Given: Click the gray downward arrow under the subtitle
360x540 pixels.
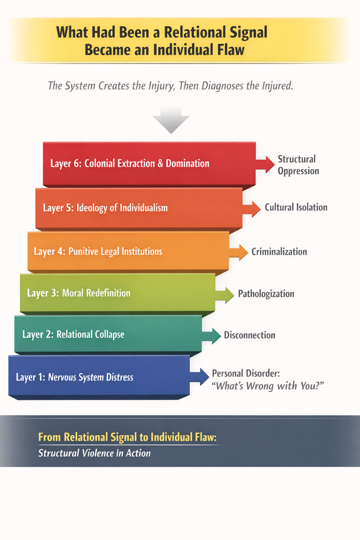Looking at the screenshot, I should (x=171, y=120).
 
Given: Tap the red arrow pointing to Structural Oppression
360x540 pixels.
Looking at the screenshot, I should (x=266, y=164).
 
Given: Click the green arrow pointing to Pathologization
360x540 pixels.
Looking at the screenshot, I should (x=225, y=294).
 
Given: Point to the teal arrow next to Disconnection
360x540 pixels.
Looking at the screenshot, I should (x=212, y=335).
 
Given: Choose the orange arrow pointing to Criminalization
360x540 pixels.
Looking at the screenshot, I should (x=239, y=252).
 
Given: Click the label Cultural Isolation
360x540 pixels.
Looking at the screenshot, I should (x=296, y=207).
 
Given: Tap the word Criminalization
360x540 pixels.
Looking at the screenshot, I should (x=279, y=252).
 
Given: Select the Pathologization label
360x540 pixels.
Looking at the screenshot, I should (x=266, y=294).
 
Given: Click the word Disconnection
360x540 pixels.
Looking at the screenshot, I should (x=250, y=335).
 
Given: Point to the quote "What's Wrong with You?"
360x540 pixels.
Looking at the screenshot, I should (x=268, y=386).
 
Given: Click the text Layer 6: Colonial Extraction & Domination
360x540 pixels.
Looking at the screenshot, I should (x=130, y=163).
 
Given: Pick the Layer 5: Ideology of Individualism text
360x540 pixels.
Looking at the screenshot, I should (x=105, y=208).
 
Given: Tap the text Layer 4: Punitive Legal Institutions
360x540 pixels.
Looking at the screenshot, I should (x=98, y=252).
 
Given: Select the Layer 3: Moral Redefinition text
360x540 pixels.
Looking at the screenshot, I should (x=79, y=293).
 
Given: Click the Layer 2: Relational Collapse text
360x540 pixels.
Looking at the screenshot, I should (x=73, y=334).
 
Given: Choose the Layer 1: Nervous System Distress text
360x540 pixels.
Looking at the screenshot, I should (x=75, y=377).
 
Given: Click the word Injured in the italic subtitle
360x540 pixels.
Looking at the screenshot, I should (x=275, y=86).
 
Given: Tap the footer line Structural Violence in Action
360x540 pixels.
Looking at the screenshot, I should (x=94, y=453).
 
